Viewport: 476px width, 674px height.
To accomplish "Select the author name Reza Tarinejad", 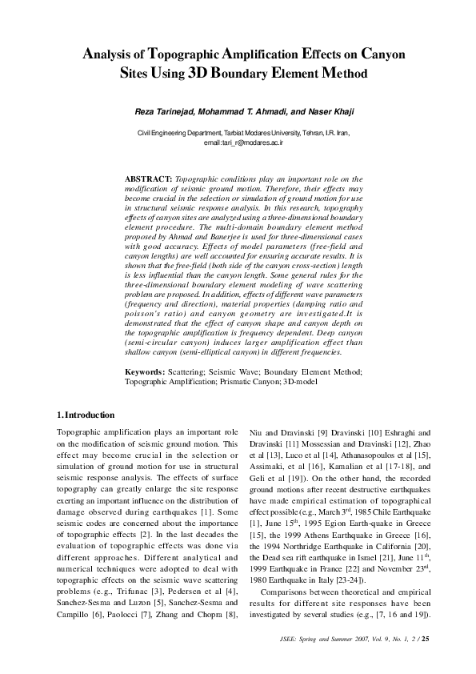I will pyautogui.click(x=162, y=110).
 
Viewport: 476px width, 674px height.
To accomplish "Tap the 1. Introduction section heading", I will pyautogui.click(x=86, y=415).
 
